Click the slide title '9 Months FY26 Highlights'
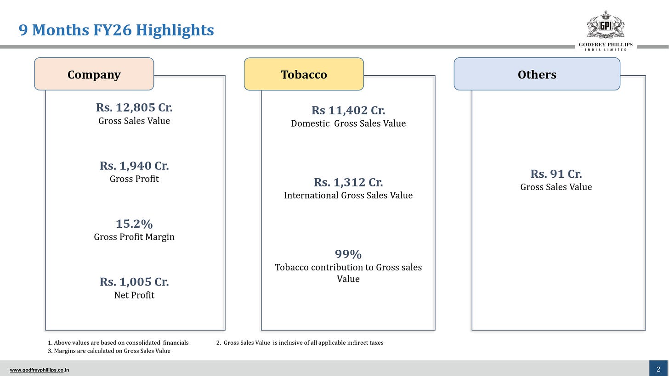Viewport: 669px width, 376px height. coord(116,30)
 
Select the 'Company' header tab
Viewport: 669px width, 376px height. coord(94,74)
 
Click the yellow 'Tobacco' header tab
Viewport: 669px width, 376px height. coord(304,74)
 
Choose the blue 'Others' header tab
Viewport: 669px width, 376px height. coord(537,74)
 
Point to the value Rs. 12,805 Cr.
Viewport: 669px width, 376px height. coord(134,107)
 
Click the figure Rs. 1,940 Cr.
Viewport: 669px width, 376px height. coord(134,166)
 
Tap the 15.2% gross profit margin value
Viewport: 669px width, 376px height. coord(134,224)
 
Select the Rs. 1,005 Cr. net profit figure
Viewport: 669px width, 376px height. coord(134,282)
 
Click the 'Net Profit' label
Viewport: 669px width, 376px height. coord(134,295)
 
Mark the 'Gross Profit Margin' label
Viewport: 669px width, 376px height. coord(134,237)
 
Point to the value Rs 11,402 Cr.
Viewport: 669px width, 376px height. coord(348,111)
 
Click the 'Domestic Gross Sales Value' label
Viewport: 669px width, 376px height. coord(348,123)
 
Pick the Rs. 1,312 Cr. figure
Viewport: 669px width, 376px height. coord(348,182)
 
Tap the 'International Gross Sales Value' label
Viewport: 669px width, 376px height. coord(348,196)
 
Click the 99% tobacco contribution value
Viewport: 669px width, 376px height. coord(348,254)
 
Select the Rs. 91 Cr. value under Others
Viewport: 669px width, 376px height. coord(556,174)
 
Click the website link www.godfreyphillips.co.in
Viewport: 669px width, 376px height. coord(40,370)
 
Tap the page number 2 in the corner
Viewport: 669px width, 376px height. coord(658,369)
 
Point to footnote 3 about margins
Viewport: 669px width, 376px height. coord(109,351)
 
